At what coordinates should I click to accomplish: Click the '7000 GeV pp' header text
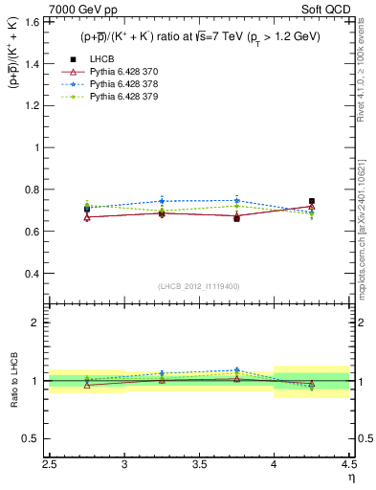coord(83,11)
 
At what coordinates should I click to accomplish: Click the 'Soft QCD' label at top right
coord(328,11)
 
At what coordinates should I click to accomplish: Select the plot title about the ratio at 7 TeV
coord(200,36)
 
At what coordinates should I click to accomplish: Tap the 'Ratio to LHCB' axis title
coord(13,381)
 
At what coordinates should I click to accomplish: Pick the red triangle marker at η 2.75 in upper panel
coord(87,217)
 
